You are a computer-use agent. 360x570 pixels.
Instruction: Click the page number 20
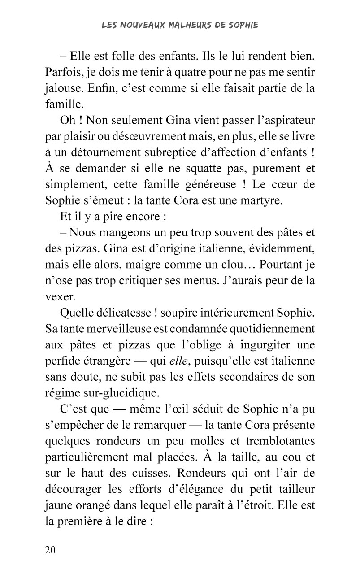tap(50, 550)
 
